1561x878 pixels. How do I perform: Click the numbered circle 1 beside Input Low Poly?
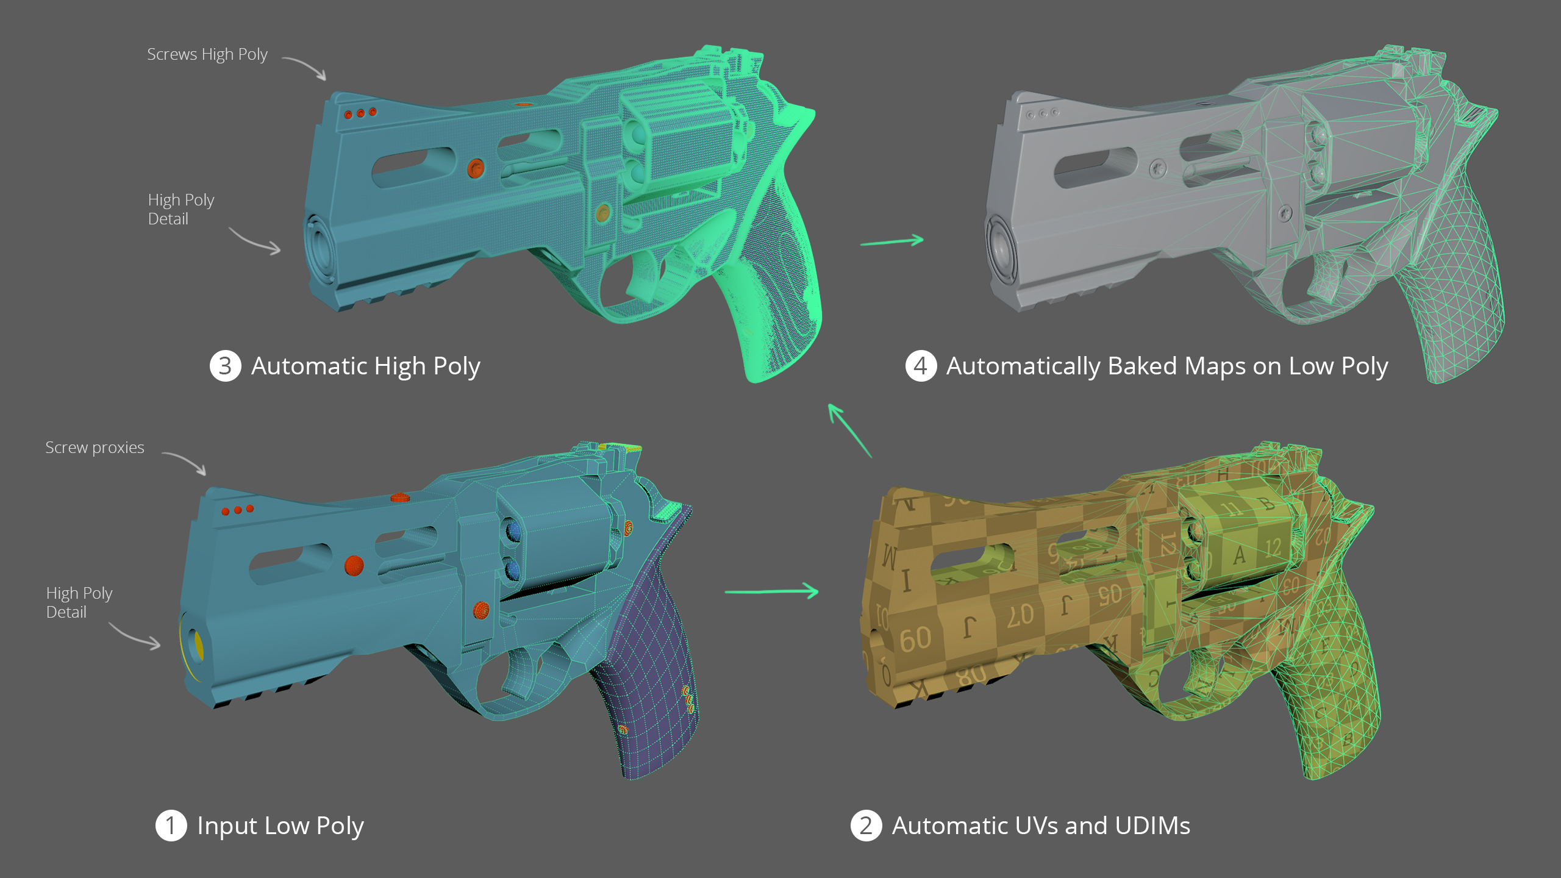[171, 826]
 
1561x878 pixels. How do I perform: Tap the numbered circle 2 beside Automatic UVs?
[866, 826]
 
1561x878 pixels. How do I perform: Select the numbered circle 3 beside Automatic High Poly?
[225, 366]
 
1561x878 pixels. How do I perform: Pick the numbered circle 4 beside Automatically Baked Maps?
[920, 366]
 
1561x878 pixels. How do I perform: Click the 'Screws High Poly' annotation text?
[207, 54]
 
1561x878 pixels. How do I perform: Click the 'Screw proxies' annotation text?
[95, 448]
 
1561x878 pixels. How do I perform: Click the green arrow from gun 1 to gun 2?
[771, 591]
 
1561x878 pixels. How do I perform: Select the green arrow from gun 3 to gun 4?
[891, 241]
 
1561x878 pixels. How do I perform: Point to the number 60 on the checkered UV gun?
[915, 639]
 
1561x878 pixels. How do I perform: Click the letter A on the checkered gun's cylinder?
[1239, 555]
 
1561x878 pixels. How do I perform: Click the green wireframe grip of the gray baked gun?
[1457, 293]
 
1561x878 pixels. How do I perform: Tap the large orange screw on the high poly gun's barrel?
[476, 168]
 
